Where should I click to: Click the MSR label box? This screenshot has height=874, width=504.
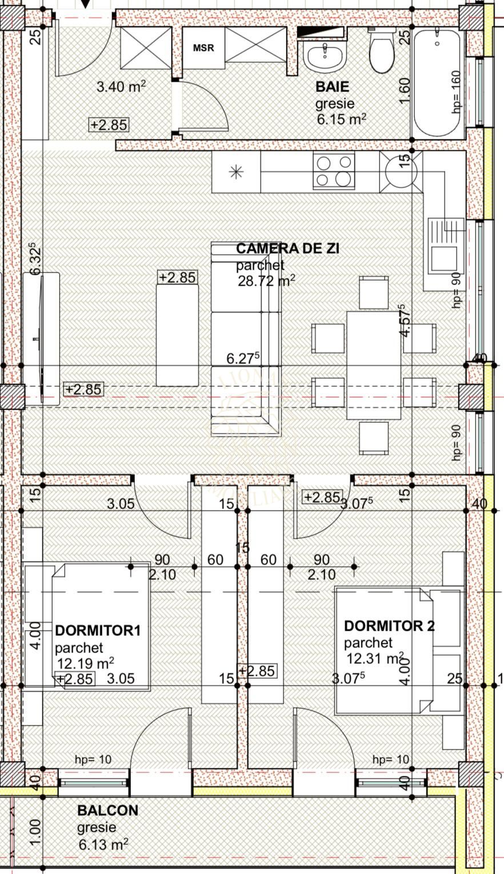(203, 48)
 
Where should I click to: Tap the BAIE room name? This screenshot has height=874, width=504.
(332, 87)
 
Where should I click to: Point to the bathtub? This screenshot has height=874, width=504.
(437, 83)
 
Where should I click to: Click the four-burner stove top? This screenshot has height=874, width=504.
(333, 171)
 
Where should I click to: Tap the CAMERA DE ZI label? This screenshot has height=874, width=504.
(287, 248)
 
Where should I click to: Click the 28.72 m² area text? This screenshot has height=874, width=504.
(266, 280)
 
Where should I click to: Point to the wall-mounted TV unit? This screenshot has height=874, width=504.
(41, 339)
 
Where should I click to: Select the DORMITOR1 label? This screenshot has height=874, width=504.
(98, 631)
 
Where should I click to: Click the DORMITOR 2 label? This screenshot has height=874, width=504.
(389, 626)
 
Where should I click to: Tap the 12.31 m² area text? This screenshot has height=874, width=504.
(375, 659)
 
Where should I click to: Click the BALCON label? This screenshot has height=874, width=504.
(107, 811)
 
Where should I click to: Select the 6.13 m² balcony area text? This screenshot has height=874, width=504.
(103, 844)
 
